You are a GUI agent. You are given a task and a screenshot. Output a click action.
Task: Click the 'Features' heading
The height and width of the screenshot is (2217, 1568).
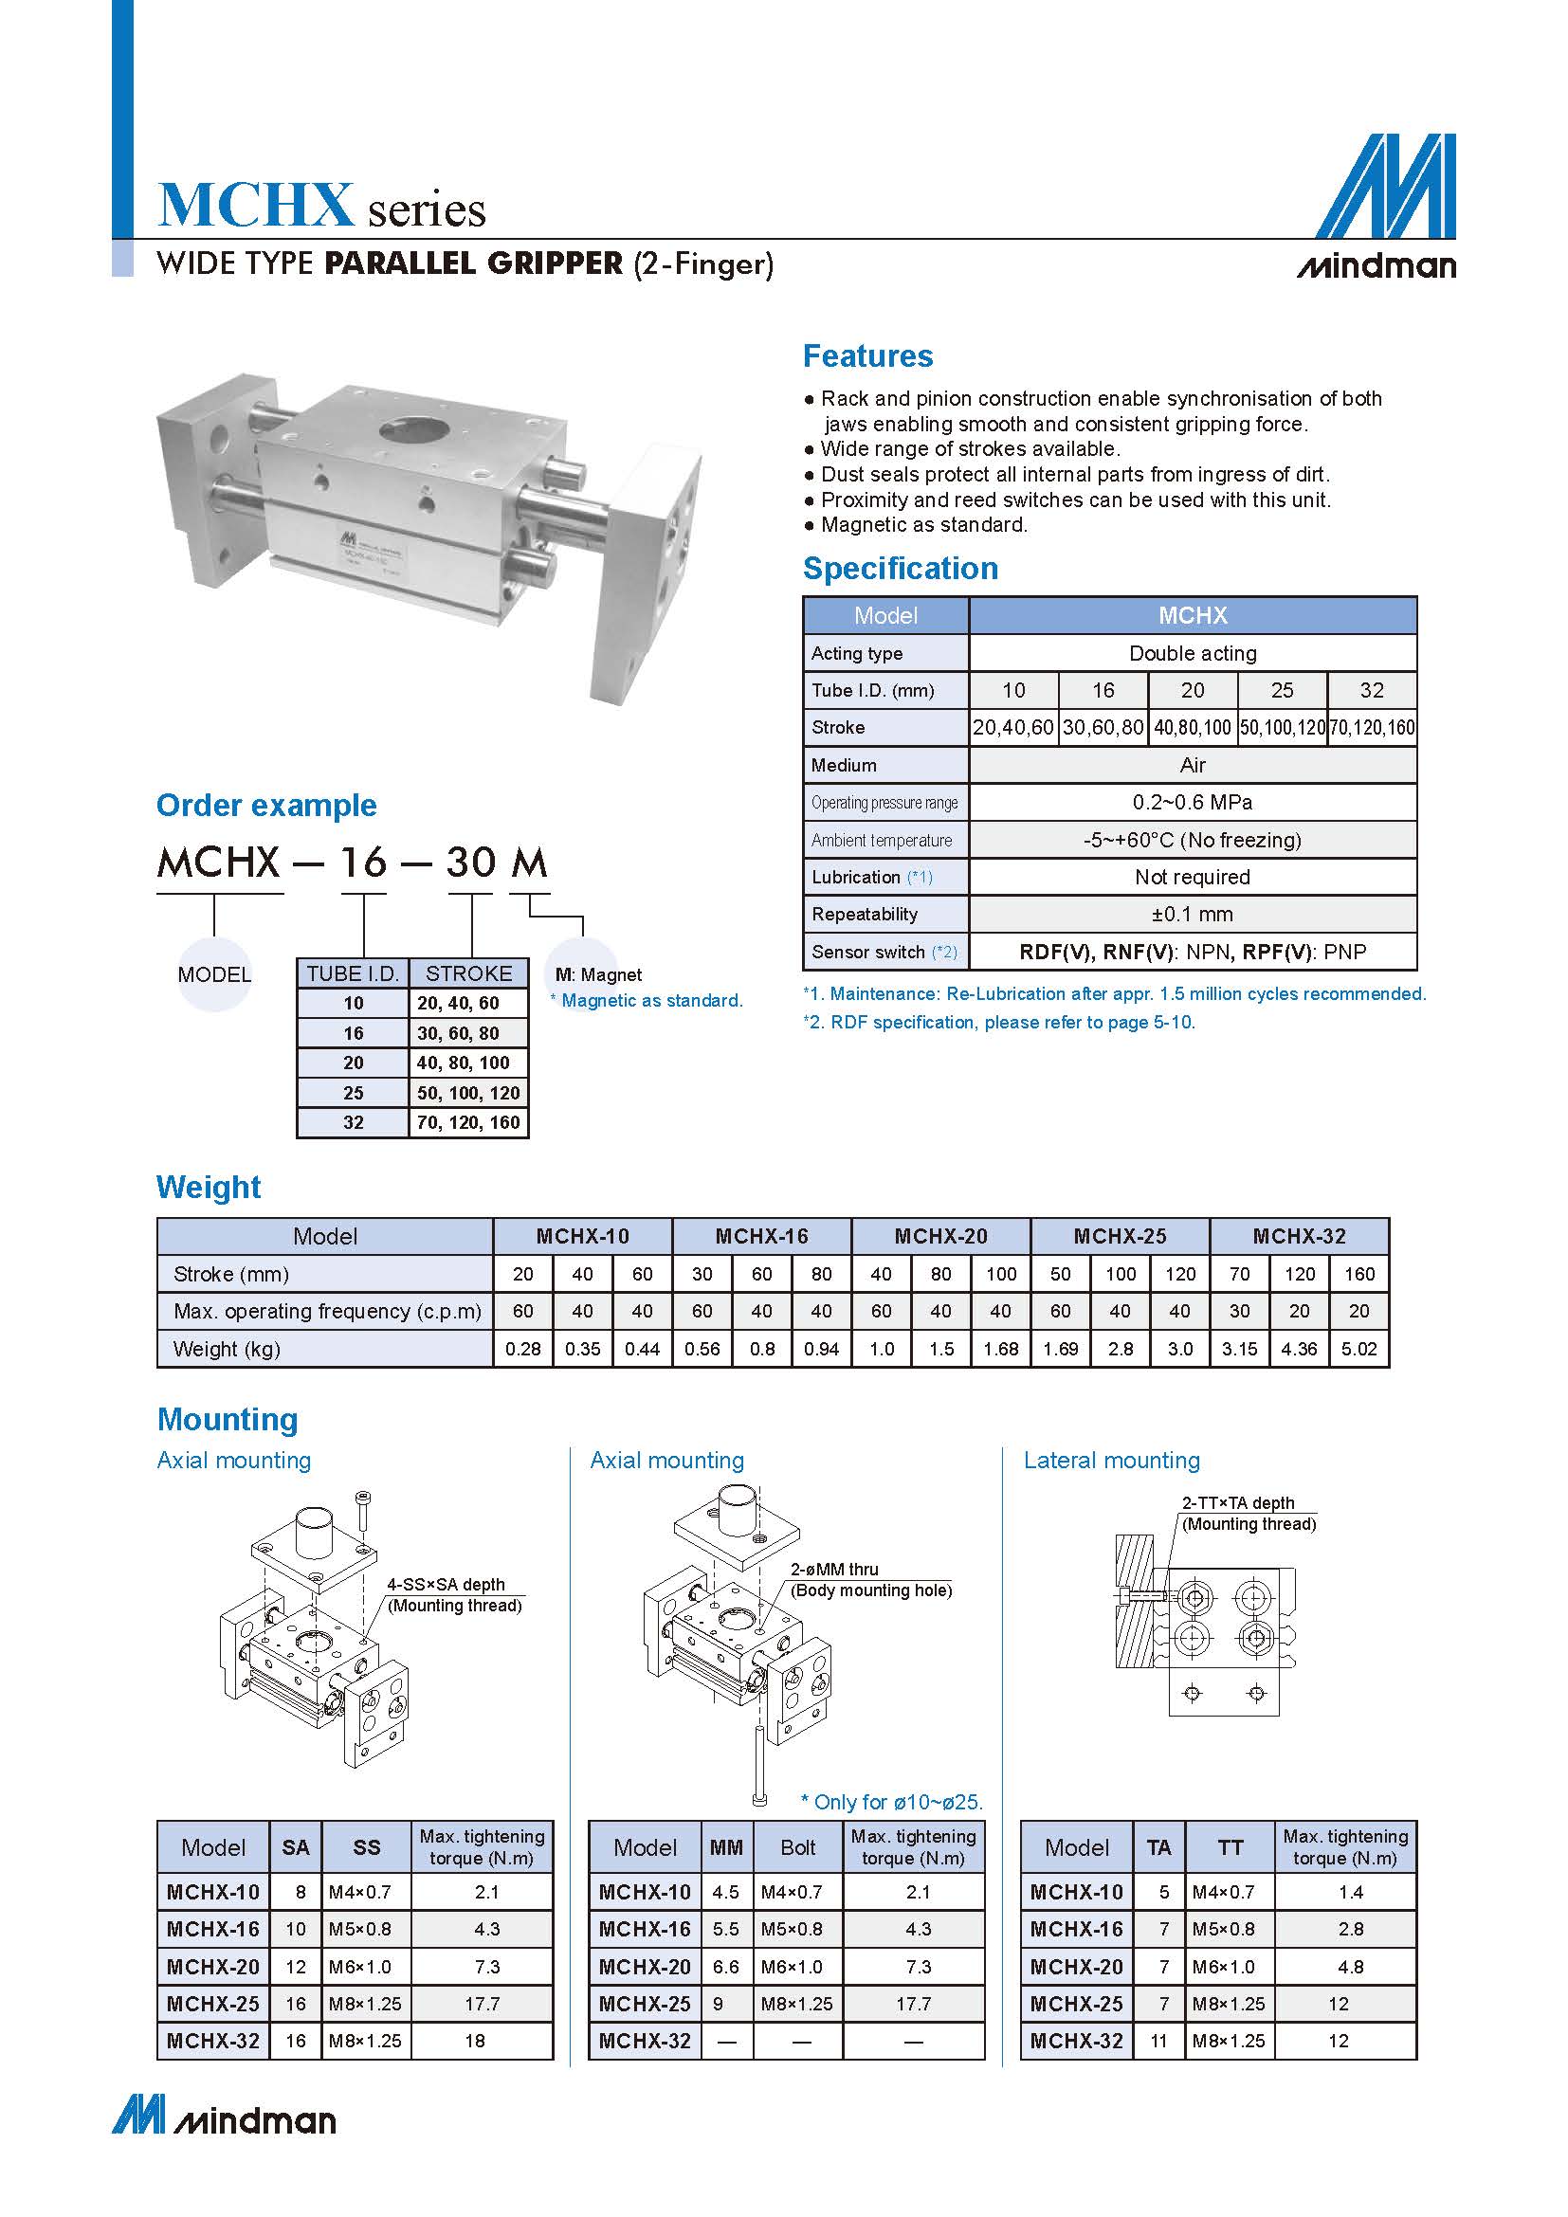(x=868, y=356)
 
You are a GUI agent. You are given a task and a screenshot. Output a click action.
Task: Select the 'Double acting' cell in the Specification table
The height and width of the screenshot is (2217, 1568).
(x=1193, y=653)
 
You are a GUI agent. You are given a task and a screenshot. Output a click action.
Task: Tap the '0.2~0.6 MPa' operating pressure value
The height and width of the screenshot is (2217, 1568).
(x=1193, y=803)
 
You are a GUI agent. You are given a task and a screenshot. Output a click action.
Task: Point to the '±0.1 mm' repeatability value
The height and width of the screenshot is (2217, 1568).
(x=1193, y=914)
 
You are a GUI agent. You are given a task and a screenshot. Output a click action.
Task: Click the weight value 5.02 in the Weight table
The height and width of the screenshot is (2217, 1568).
(x=1358, y=1349)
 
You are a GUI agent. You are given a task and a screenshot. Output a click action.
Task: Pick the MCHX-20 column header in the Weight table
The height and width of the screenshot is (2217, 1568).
(x=940, y=1236)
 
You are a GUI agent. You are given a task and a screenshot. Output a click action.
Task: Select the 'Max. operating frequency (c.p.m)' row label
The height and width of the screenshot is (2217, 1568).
(x=327, y=1311)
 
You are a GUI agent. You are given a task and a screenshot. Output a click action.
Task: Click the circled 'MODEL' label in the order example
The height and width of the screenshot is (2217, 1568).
(x=214, y=974)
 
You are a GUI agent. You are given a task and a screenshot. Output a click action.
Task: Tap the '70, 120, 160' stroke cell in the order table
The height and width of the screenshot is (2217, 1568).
(x=468, y=1122)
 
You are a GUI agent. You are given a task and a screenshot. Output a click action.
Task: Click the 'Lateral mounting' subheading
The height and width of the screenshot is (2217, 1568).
(x=1111, y=1461)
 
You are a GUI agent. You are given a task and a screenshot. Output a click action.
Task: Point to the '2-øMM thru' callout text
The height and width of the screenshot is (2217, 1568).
(x=834, y=1569)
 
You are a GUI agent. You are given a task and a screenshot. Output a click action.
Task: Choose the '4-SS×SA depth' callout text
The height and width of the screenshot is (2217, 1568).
(x=447, y=1585)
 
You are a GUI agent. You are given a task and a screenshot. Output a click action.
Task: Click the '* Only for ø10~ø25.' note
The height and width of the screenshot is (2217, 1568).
(x=891, y=1802)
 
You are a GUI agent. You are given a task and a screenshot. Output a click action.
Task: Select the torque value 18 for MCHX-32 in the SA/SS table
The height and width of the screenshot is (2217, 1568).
(x=475, y=2042)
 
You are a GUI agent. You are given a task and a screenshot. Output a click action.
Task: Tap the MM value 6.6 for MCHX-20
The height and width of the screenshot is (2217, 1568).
(x=725, y=1967)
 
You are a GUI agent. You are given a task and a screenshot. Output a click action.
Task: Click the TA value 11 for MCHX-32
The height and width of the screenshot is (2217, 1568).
(x=1158, y=2042)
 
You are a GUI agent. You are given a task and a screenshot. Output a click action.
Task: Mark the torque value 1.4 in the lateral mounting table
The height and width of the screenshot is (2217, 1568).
(x=1351, y=1893)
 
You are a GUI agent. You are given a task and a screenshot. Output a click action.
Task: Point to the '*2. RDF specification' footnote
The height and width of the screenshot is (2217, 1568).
(x=999, y=1023)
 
